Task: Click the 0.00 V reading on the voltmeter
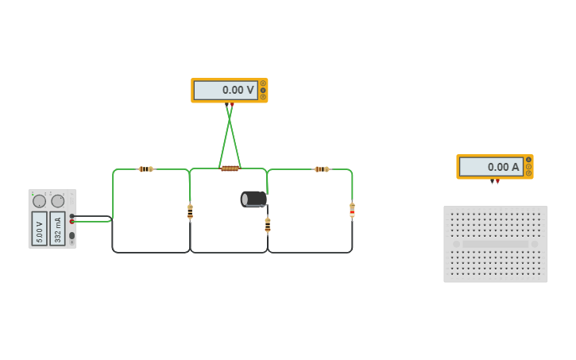(x=226, y=91)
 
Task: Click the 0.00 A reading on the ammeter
(x=492, y=167)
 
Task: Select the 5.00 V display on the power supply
(x=39, y=228)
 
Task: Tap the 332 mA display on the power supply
(x=58, y=228)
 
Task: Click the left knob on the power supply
(x=39, y=201)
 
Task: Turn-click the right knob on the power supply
(x=58, y=201)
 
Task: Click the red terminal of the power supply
(x=72, y=222)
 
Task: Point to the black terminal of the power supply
(x=72, y=215)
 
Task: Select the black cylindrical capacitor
(x=253, y=199)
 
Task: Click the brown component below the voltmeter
(x=230, y=168)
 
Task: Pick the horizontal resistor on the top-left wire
(x=145, y=169)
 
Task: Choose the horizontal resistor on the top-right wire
(x=321, y=169)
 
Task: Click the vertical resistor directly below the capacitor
(x=268, y=226)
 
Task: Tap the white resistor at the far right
(x=352, y=211)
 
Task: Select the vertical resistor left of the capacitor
(x=190, y=212)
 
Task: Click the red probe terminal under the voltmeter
(x=232, y=104)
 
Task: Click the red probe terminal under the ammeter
(x=497, y=181)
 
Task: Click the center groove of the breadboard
(x=496, y=244)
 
